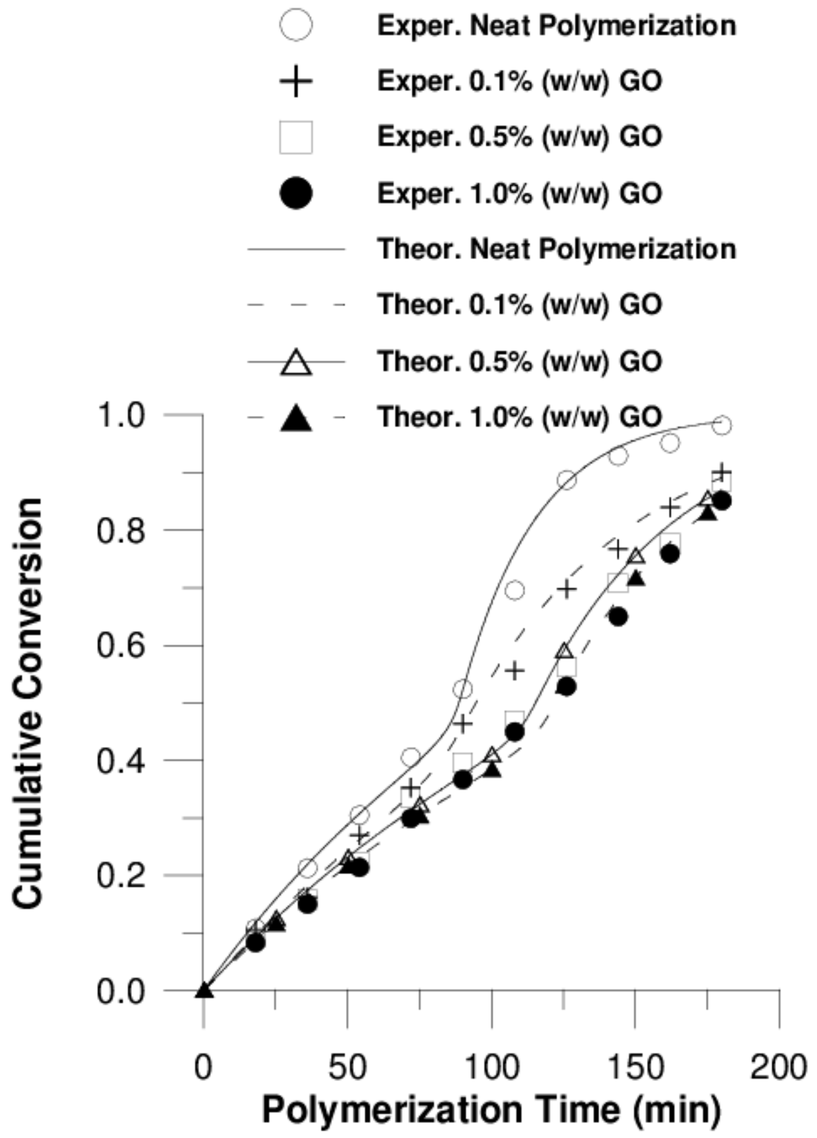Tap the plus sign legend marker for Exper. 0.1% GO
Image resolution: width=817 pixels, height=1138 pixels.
coord(296,81)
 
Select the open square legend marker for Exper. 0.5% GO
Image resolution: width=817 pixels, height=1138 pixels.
coord(296,137)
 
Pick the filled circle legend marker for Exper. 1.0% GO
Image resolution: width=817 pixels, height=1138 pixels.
coord(296,193)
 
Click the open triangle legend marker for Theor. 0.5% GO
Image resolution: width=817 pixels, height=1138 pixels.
coord(296,362)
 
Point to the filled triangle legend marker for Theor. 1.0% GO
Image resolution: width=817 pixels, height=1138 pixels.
coord(296,418)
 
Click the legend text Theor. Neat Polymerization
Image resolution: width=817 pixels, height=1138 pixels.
coord(556,249)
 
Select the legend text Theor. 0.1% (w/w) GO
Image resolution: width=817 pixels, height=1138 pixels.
coord(519,304)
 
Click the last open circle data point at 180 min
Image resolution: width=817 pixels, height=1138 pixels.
coord(722,425)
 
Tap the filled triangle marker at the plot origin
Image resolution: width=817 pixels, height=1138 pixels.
coord(204,989)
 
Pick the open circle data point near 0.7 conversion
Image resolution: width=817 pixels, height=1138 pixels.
coord(515,590)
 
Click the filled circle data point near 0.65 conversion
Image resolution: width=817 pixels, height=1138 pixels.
coord(618,617)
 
